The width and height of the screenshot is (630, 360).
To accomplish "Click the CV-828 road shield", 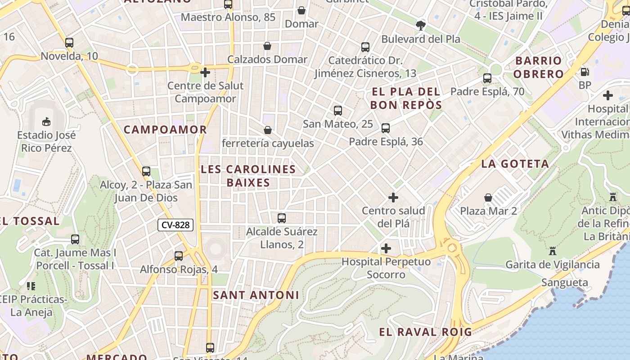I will (175, 225).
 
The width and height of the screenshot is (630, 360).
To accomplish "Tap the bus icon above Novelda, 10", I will (69, 43).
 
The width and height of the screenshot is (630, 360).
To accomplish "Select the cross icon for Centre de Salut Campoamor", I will (205, 72).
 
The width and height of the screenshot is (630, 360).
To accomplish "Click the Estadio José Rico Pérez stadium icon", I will (46, 121).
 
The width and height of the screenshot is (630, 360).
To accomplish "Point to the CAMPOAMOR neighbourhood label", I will (165, 130).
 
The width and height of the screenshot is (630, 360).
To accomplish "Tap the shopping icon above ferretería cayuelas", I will (268, 130).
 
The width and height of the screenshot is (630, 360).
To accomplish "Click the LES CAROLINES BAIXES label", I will (248, 176).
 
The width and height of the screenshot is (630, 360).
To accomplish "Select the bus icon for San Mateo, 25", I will (338, 110).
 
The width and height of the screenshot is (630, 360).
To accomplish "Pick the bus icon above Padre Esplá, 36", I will (386, 128).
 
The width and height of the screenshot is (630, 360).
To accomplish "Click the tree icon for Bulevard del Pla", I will (421, 25).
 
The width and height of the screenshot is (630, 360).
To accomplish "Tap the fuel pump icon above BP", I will (585, 72).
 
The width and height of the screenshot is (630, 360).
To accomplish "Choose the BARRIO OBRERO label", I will (539, 67).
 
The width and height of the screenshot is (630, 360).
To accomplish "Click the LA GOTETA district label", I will (515, 164).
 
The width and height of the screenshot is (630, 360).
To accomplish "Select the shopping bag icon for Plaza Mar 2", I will (488, 198).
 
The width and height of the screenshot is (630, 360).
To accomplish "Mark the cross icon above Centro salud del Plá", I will (393, 198).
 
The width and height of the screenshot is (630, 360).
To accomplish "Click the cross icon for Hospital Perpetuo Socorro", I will (386, 248).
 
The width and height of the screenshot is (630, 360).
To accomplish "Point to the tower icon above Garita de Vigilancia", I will (552, 251).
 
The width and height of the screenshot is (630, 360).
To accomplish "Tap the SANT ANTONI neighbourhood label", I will (256, 295).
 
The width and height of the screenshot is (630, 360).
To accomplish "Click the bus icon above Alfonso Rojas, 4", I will (179, 256).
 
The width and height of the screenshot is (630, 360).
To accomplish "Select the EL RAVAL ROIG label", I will (425, 332).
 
